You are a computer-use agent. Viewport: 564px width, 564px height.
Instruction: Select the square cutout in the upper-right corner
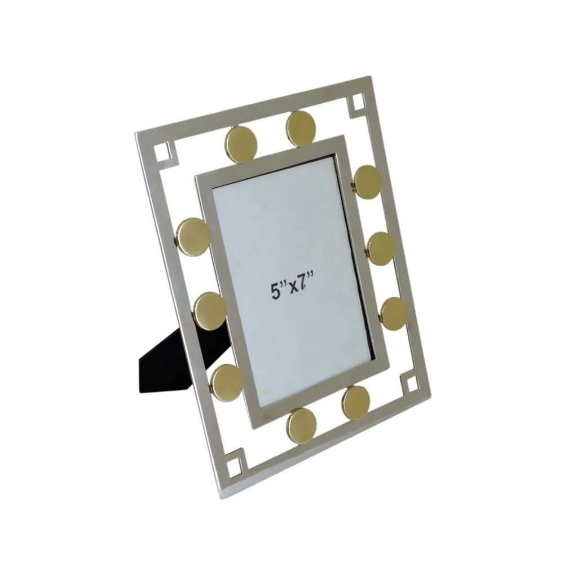tap(358, 103)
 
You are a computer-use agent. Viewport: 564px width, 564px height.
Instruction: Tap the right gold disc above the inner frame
tap(301, 127)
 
